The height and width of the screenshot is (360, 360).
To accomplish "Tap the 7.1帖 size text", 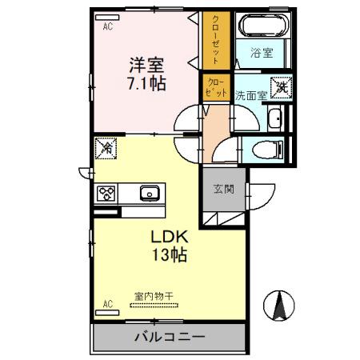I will click(x=149, y=83).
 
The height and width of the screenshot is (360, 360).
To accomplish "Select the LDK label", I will click(x=170, y=238).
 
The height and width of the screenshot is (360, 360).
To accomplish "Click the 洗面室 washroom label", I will click(x=250, y=94).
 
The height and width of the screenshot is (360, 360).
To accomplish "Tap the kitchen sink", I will click(x=150, y=194).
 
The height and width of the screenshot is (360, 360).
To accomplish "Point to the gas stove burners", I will click(x=107, y=193).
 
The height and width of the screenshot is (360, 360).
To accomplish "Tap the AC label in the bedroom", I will click(x=107, y=26).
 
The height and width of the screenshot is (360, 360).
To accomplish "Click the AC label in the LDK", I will click(x=107, y=303).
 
